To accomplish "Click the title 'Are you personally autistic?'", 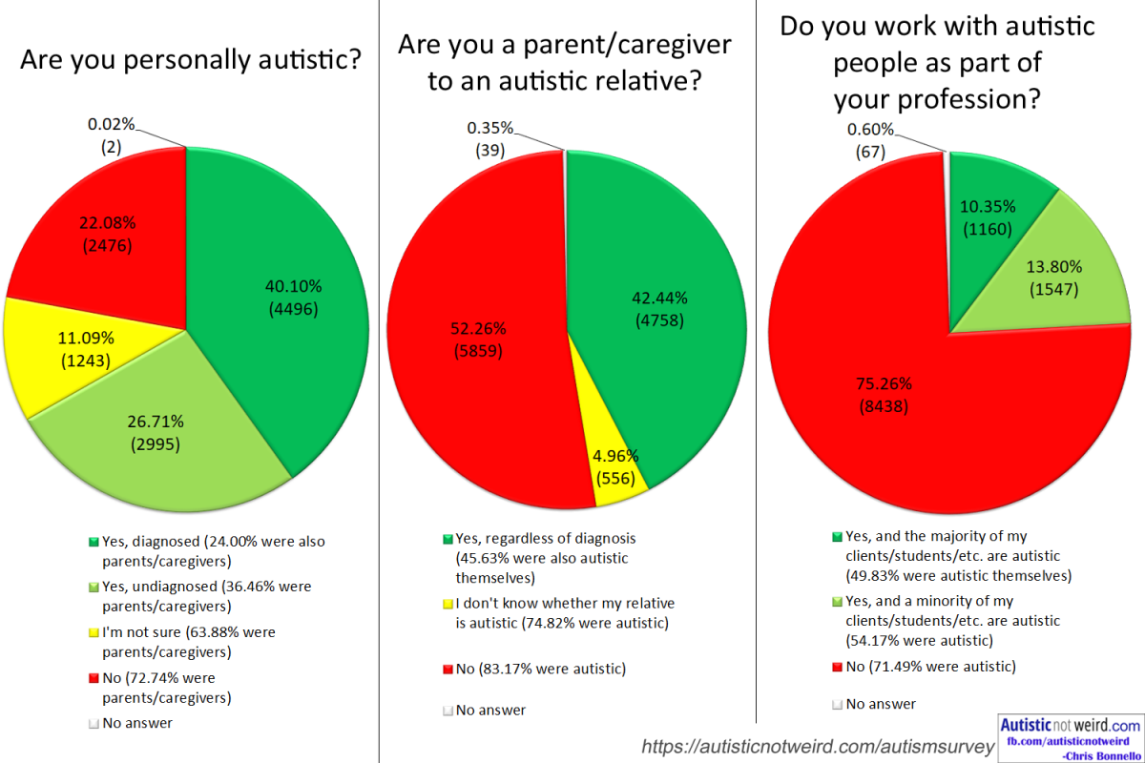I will (191, 62).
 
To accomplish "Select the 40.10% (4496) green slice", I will (286, 286).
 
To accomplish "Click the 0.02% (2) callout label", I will (112, 134).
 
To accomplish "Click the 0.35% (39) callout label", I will (490, 138).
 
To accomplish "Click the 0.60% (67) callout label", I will (871, 140).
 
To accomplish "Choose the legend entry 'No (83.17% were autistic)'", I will (540, 668).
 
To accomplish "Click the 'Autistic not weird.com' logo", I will (1069, 735).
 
